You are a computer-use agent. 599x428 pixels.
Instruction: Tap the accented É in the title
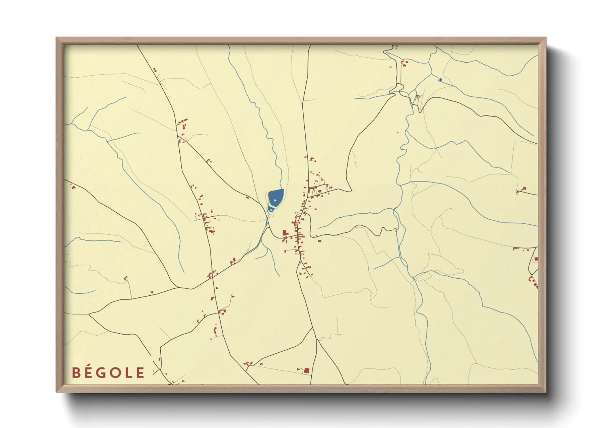pyautogui.click(x=89, y=372)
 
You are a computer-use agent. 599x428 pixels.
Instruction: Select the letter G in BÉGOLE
pyautogui.click(x=103, y=373)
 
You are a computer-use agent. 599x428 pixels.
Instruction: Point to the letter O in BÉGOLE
pyautogui.click(x=118, y=373)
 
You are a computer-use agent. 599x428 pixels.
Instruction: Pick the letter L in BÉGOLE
pyautogui.click(x=130, y=373)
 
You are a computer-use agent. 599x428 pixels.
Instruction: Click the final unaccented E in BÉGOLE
pyautogui.click(x=140, y=373)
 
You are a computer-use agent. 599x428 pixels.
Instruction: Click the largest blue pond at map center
pyautogui.click(x=275, y=197)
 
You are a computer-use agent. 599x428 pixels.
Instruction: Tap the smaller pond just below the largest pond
pyautogui.click(x=270, y=209)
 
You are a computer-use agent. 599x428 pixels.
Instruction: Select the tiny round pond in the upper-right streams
pyautogui.click(x=440, y=80)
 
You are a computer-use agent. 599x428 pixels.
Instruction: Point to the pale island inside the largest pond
pyautogui.click(x=275, y=199)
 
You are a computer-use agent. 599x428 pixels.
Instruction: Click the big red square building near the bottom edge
pyautogui.click(x=306, y=370)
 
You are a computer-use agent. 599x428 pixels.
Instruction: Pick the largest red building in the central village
pyautogui.click(x=285, y=233)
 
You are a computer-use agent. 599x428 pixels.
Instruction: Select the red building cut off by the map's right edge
pyautogui.click(x=536, y=259)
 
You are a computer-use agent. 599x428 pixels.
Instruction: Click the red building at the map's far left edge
pyautogui.click(x=73, y=187)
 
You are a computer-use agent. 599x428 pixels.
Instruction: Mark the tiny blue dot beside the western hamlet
pyautogui.click(x=195, y=188)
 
